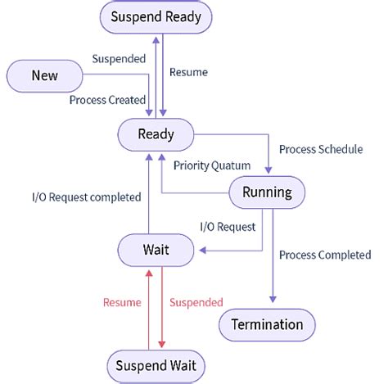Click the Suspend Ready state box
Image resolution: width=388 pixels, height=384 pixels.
155,16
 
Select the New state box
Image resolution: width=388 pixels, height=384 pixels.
44,76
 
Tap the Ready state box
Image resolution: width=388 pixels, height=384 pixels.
156,134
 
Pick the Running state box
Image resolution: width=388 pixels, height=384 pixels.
267,193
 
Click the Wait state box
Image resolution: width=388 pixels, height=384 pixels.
156,250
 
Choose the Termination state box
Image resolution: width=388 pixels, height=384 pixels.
266,324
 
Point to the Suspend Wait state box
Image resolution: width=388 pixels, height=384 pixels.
156,365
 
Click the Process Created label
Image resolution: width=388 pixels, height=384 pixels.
107,99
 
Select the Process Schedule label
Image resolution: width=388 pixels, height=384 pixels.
321,150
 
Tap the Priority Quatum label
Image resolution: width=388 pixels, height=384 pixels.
212,165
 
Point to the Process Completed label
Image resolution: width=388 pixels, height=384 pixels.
324,255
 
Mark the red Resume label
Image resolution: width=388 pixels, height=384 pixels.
122,302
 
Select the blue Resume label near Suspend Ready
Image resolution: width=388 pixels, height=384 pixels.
188,72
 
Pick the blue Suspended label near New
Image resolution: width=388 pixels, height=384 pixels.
118,59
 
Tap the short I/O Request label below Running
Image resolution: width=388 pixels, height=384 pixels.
228,226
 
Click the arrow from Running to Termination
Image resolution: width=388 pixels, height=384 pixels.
272,254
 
